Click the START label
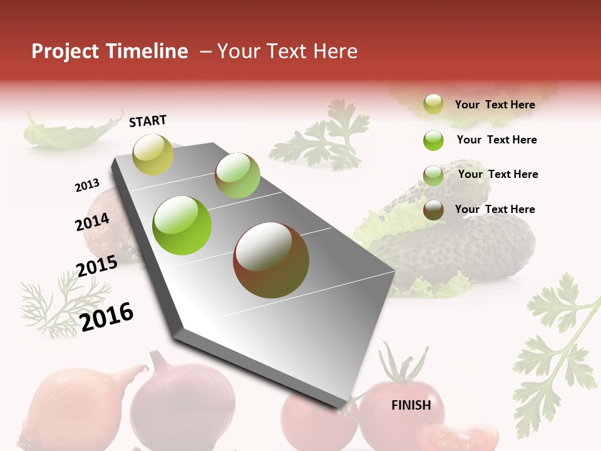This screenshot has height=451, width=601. pyautogui.click(x=148, y=121)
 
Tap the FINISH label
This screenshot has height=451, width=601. pyautogui.click(x=411, y=405)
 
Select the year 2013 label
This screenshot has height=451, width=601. pyautogui.click(x=87, y=185)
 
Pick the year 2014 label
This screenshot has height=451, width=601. pyautogui.click(x=93, y=222)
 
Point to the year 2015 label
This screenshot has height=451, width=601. pyautogui.click(x=97, y=266)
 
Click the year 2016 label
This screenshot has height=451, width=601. pyautogui.click(x=107, y=316)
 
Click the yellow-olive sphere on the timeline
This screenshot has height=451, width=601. pyautogui.click(x=153, y=154)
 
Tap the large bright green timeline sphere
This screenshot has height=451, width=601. pyautogui.click(x=182, y=225)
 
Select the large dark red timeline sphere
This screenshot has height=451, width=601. pyautogui.click(x=271, y=260)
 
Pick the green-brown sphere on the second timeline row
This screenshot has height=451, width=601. pyautogui.click(x=237, y=175)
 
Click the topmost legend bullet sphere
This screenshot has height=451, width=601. pyautogui.click(x=433, y=104)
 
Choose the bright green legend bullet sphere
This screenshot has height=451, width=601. pyautogui.click(x=433, y=140)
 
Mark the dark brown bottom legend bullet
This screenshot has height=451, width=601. pyautogui.click(x=433, y=210)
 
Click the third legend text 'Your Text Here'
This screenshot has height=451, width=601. pyautogui.click(x=498, y=174)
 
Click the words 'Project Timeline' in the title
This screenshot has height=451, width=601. pyautogui.click(x=110, y=51)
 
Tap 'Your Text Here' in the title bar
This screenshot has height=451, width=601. pyautogui.click(x=287, y=51)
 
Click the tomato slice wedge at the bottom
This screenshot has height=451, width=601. pyautogui.click(x=457, y=436)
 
